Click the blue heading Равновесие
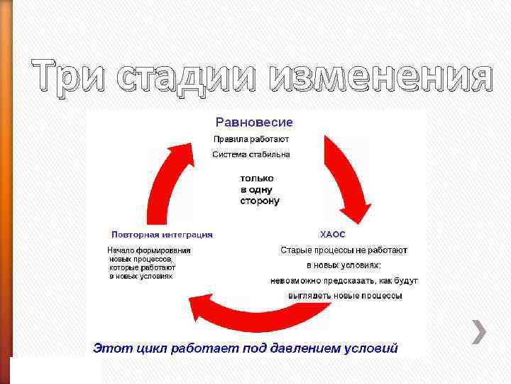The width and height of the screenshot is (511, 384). coord(253,123)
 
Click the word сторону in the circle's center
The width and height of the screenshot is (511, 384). coord(259,201)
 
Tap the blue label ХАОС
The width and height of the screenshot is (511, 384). coord(333,234)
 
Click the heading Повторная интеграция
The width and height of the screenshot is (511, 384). coord(162,234)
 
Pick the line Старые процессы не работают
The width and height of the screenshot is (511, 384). coord(344,250)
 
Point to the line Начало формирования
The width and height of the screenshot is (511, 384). coord(148,250)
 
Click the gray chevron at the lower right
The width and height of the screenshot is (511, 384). coord(479,332)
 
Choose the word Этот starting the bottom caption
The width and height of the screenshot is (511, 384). coord(109,348)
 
